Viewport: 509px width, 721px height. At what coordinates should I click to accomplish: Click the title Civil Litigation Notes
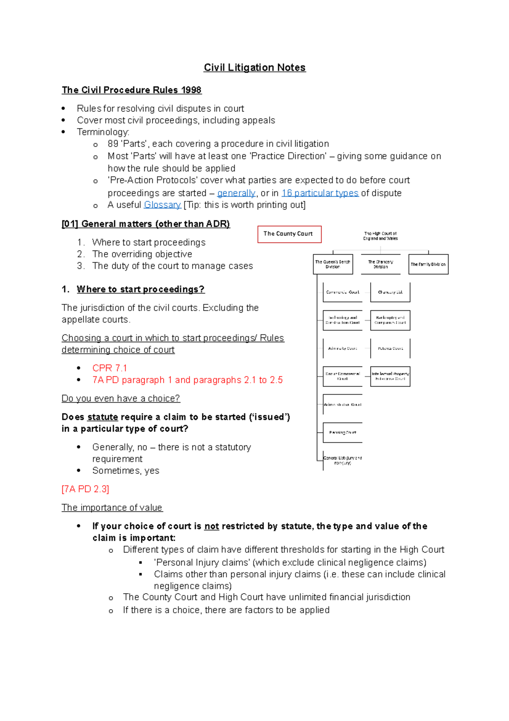(255, 68)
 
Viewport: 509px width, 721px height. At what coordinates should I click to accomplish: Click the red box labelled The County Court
(289, 234)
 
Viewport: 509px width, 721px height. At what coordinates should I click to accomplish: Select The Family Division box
(428, 264)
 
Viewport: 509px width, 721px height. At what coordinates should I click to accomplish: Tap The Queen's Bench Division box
(333, 264)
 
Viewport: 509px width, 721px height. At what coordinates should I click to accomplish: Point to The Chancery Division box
(380, 264)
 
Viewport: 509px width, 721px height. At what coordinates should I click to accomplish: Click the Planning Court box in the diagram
(342, 432)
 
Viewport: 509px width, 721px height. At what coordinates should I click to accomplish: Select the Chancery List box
(390, 292)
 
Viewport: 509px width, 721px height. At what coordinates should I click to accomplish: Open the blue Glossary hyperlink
(162, 205)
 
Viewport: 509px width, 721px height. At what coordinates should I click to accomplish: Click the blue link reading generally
(236, 193)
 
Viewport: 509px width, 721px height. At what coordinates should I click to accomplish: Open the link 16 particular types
(320, 193)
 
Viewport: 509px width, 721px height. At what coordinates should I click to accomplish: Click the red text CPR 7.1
(109, 368)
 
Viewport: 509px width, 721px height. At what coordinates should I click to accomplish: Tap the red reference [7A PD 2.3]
(85, 489)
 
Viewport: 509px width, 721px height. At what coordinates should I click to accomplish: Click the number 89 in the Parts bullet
(113, 144)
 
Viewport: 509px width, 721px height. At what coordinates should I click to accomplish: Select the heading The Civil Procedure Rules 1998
(131, 90)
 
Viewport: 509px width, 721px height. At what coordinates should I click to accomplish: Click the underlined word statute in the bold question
(102, 417)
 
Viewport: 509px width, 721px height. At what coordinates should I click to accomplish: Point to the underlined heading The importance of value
(112, 507)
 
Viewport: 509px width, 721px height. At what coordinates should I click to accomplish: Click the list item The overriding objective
(142, 254)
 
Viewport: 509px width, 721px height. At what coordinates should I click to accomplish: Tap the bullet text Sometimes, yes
(126, 470)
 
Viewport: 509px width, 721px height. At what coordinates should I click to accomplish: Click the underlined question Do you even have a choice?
(120, 398)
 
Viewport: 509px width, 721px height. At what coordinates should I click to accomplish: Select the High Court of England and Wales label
(380, 236)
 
